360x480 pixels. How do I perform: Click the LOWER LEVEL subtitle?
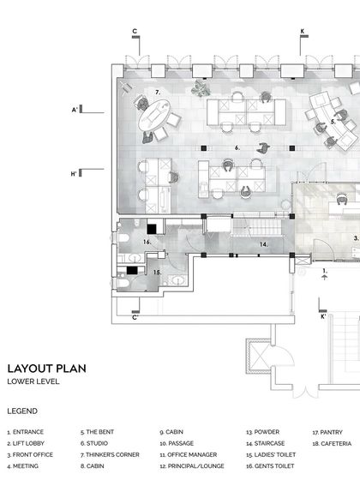33,381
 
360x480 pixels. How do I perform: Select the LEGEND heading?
21,411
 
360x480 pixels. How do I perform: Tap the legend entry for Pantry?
327,432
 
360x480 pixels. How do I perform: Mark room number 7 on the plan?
158,91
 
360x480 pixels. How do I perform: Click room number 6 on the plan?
237,147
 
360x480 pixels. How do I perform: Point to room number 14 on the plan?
265,244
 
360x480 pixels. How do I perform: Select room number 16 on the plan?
147,243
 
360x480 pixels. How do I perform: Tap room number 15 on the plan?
157,273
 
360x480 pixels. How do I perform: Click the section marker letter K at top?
303,31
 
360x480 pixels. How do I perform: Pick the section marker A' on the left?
75,110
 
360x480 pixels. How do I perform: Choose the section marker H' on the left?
75,174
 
